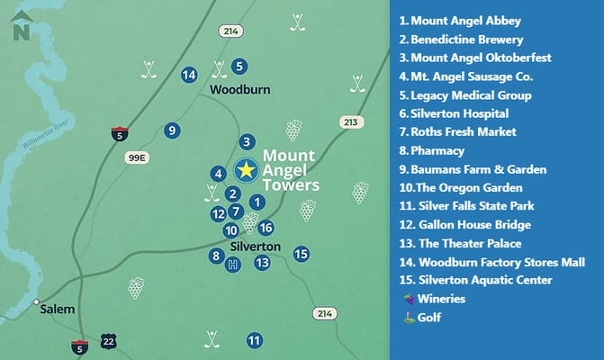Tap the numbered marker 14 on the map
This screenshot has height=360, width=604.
(189, 75)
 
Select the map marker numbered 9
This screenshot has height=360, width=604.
(171, 131)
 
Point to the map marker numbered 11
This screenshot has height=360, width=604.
(255, 340)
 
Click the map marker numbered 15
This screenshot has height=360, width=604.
(302, 254)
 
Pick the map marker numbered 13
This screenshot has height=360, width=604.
(262, 263)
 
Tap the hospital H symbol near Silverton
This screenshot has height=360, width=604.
(234, 264)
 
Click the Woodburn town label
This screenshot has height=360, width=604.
(234, 91)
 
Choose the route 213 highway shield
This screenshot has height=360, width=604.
(351, 121)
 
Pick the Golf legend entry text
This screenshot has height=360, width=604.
(429, 317)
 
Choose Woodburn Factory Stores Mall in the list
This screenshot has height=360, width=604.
(492, 262)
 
